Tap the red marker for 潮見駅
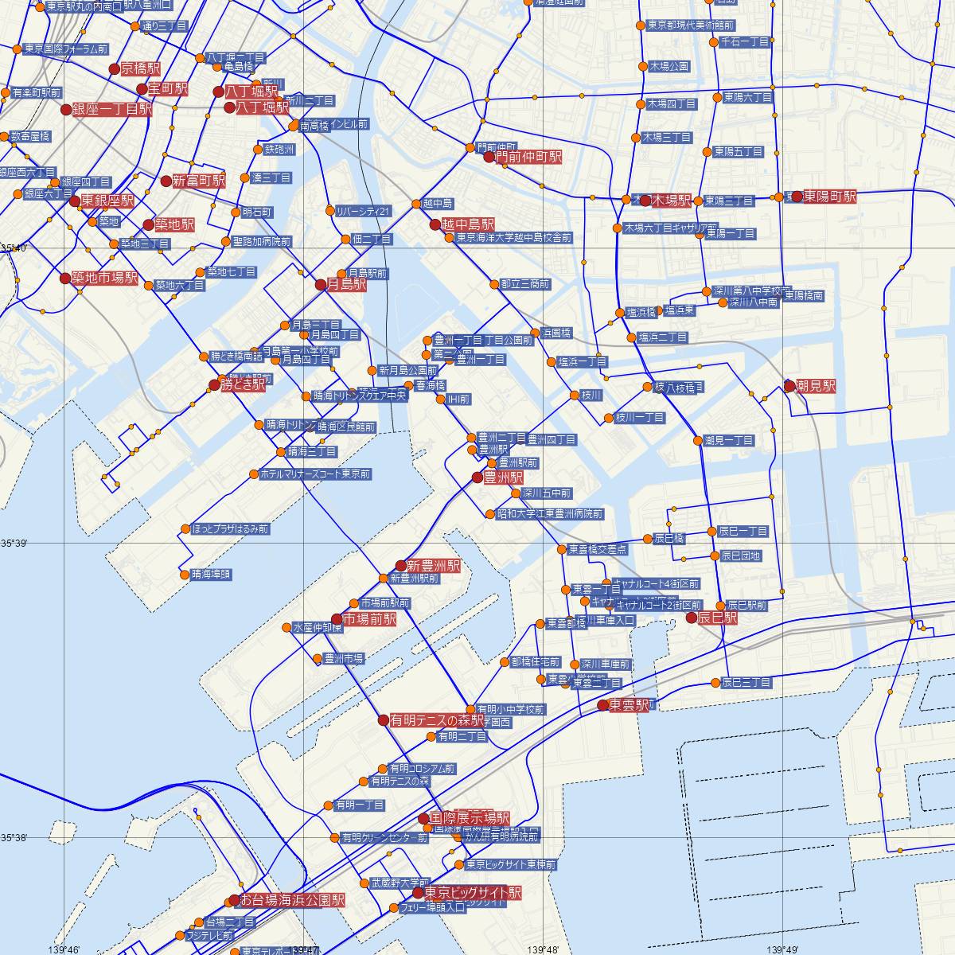click(x=789, y=386)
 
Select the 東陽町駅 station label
click(x=829, y=196)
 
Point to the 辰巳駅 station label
click(x=718, y=618)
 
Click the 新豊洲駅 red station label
click(x=433, y=566)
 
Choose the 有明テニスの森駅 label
click(x=437, y=720)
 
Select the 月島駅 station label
click(x=346, y=284)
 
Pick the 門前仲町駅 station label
click(x=528, y=158)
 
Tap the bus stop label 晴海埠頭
click(x=211, y=574)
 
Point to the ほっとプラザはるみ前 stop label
click(x=230, y=528)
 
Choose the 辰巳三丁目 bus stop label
click(x=746, y=683)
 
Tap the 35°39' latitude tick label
click(x=14, y=544)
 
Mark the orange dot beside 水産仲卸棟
click(x=287, y=627)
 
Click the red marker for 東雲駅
click(x=603, y=705)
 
